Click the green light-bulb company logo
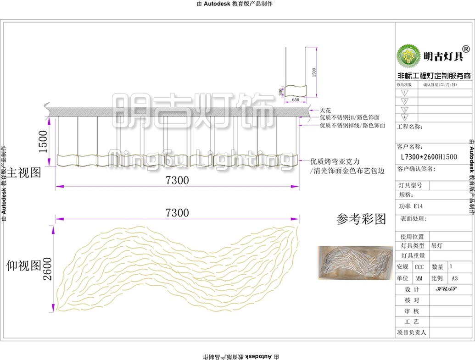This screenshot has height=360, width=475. tap(408, 56)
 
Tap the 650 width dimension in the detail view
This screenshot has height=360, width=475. tap(295, 100)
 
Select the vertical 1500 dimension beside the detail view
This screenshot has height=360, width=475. tap(314, 72)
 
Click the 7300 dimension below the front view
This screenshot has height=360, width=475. tap(177, 181)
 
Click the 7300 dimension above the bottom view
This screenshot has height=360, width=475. tap(177, 213)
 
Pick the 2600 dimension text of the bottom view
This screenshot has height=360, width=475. tap(47, 267)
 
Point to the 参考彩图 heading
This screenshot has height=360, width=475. tap(361, 219)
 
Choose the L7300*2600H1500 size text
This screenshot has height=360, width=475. tap(429, 157)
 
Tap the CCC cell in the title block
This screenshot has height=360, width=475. tap(419, 267)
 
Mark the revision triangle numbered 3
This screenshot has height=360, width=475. tap(405, 110)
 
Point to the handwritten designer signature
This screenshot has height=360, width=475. tap(445, 289)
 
